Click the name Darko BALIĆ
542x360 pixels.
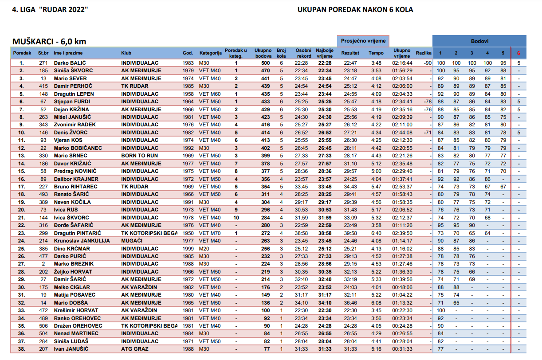coord(70,63)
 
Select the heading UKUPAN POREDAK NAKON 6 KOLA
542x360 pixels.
coord(355,10)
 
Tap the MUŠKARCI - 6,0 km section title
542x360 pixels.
coord(49,42)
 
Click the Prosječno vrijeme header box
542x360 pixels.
coord(363,41)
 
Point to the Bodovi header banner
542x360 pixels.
coord(479,41)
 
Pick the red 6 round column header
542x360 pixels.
coord(518,53)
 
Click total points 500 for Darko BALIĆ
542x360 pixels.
coord(265,63)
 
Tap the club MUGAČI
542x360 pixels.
coord(131,241)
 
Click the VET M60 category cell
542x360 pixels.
coord(209,94)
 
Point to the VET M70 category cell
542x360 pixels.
coord(209,233)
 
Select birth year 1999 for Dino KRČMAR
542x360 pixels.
coord(188,249)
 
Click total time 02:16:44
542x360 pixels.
coord(402,63)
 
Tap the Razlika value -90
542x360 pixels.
coord(428,63)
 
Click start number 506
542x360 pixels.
coord(43,326)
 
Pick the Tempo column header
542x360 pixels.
coord(376,53)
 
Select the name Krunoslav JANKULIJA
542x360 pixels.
coord(82,241)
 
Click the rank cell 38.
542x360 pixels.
coord(21,349)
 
